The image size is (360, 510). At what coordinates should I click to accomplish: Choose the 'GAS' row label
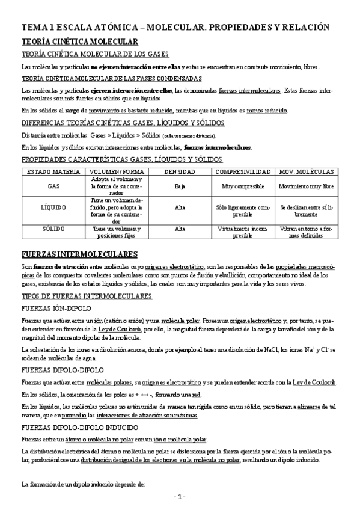coord(54,186)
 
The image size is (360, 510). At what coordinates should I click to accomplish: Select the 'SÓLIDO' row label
coord(54,229)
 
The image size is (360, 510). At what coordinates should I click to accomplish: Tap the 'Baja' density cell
coord(180,186)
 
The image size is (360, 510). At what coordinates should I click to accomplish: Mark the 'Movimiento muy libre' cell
coord(307,186)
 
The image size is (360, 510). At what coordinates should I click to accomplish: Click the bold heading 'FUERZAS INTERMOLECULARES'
coord(79,254)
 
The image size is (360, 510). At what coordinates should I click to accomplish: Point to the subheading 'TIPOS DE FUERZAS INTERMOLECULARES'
coord(87,296)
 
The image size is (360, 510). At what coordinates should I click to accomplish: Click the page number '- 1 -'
coord(180,497)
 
